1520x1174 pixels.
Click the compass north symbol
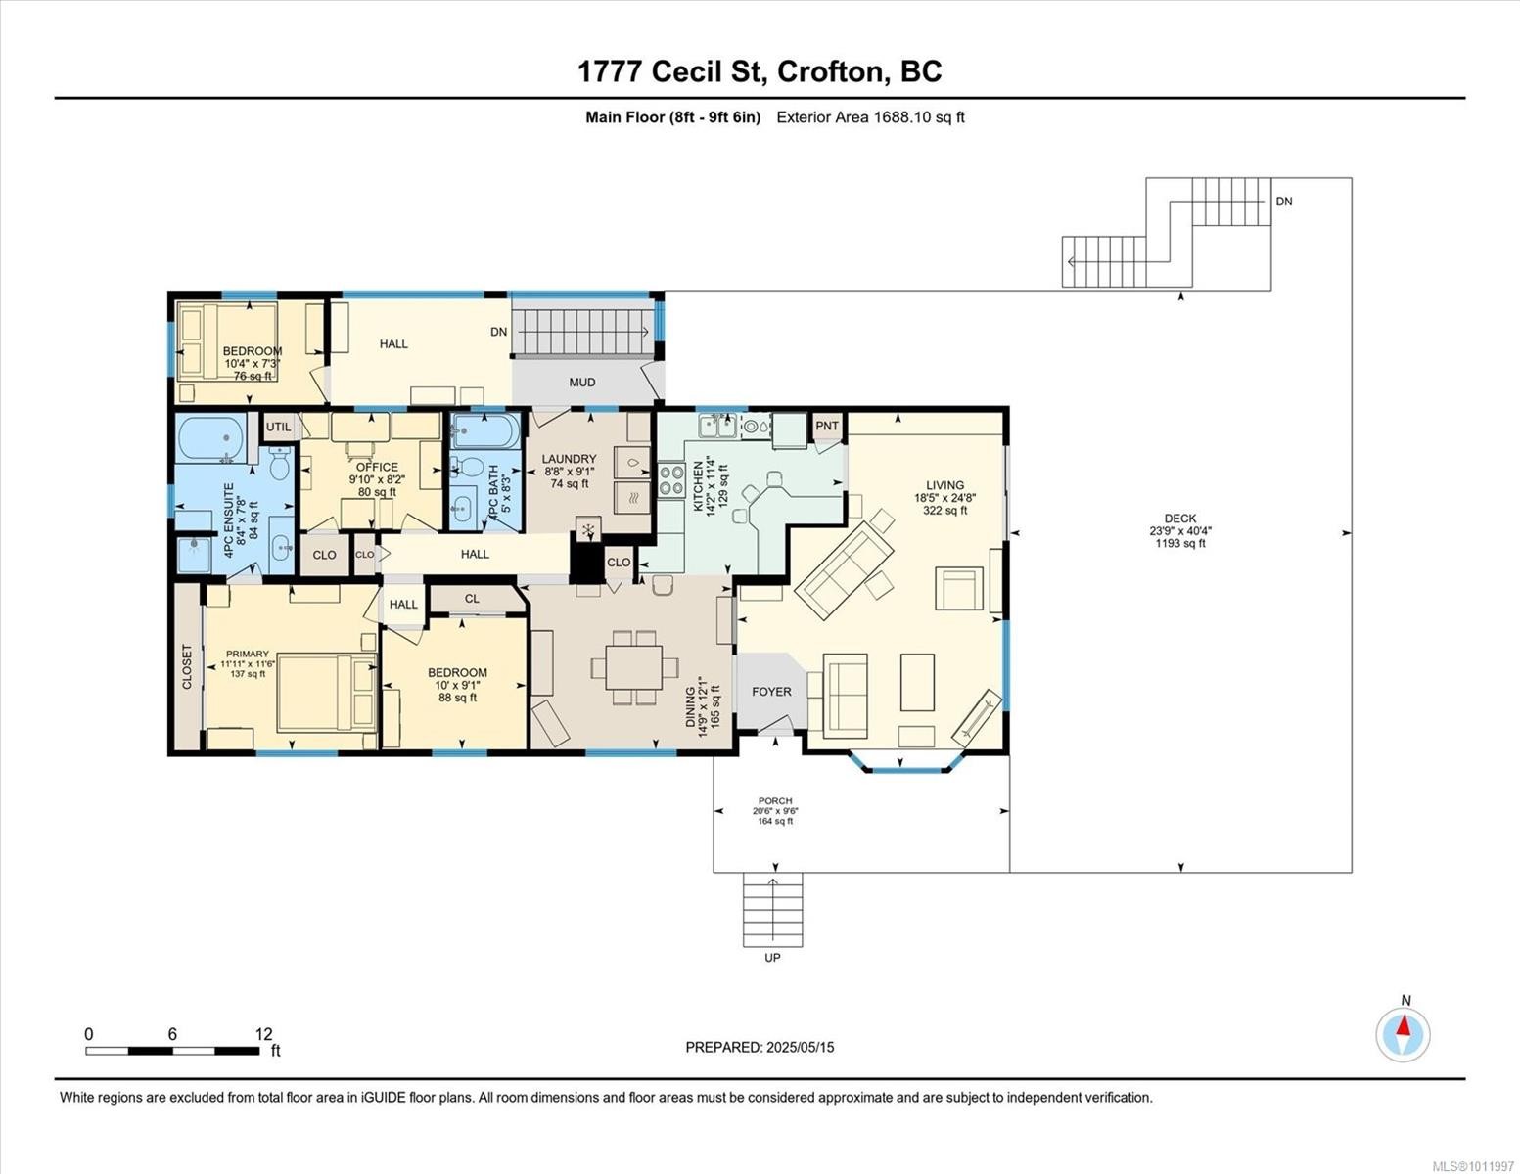point(1404,1034)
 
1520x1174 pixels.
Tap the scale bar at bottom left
point(171,1051)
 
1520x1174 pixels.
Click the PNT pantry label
point(827,426)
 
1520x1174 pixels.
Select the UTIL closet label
point(278,427)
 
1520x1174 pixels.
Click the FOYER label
point(771,691)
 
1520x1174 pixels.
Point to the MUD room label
point(582,383)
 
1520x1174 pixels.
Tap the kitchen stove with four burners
point(671,479)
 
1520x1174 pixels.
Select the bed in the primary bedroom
point(315,693)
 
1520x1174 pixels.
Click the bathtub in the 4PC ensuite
point(211,437)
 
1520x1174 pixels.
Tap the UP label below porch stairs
point(772,958)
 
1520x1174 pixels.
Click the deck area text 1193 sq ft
point(1179,544)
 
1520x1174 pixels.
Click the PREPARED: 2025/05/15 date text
point(760,1047)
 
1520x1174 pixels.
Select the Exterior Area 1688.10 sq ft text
point(870,117)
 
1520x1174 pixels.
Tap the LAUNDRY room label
point(569,459)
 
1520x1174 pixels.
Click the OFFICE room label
point(377,467)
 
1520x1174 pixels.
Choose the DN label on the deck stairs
point(1283,202)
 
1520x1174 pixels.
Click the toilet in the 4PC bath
point(473,469)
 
